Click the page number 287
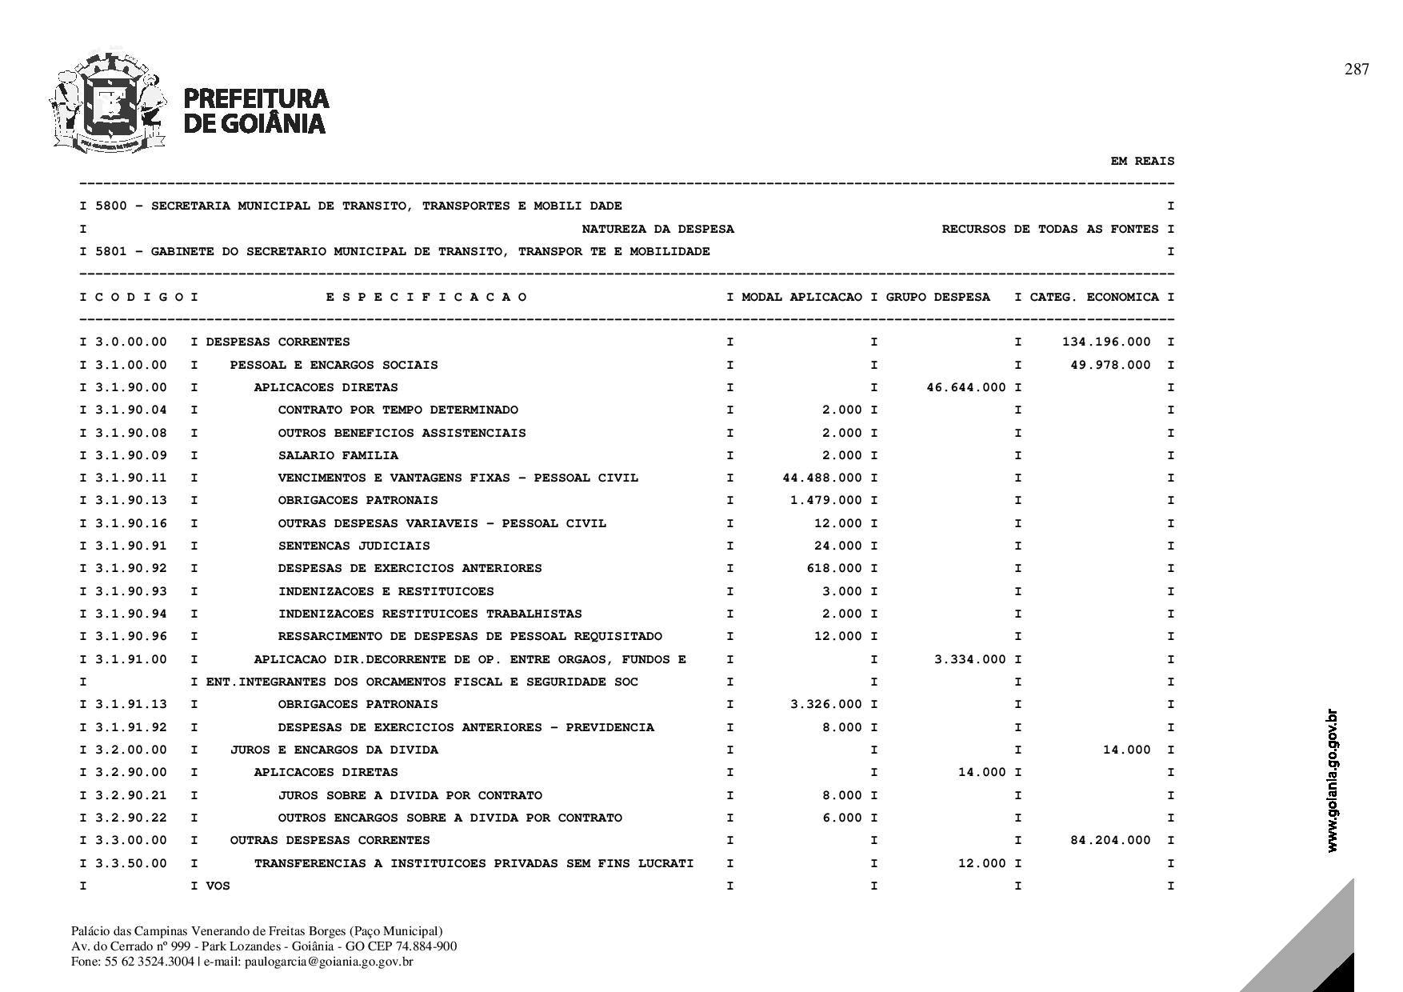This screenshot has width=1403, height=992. [x=1357, y=70]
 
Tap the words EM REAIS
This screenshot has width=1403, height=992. [x=1142, y=161]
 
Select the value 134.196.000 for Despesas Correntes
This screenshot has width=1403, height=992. [x=1106, y=342]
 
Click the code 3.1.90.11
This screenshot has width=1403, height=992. [x=131, y=478]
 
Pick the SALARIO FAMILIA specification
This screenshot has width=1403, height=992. [x=338, y=455]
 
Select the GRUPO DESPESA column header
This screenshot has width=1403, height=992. [x=937, y=297]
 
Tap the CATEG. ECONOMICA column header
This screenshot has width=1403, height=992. [x=1094, y=297]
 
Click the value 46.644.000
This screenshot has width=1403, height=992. [x=966, y=387]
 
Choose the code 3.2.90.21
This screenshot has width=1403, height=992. [x=131, y=795]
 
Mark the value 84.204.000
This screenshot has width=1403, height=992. [x=1110, y=840]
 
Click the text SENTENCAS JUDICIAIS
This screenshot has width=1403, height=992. [x=354, y=546]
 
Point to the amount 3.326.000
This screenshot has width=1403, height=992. [x=825, y=704]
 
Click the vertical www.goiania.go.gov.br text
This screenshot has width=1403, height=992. [x=1332, y=781]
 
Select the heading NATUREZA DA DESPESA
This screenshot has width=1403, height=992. [x=658, y=229]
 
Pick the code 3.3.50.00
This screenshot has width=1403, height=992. [x=131, y=863]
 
